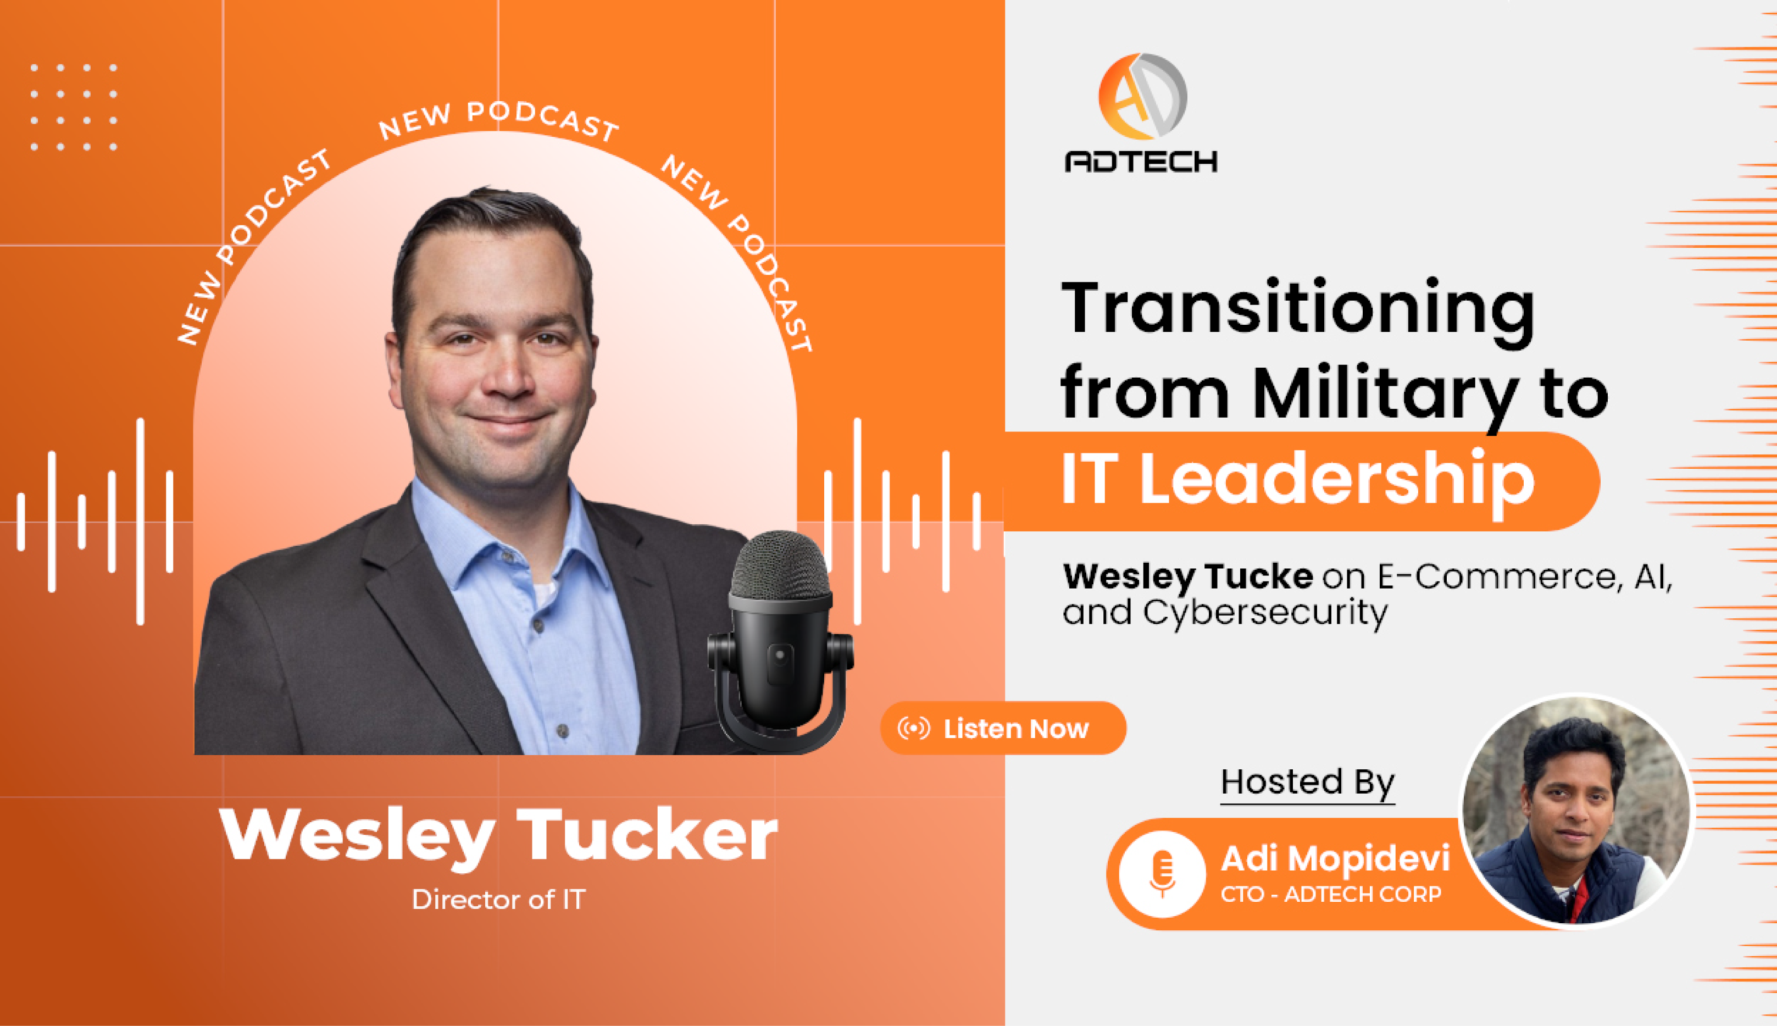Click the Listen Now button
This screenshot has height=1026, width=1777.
click(1003, 728)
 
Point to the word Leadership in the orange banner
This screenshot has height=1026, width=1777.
click(1337, 479)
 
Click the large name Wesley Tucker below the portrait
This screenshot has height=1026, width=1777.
click(498, 836)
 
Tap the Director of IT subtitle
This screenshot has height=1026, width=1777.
click(498, 900)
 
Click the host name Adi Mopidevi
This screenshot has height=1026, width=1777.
click(1335, 859)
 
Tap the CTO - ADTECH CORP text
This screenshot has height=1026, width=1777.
click(1331, 894)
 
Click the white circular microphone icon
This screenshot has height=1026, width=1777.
click(1162, 874)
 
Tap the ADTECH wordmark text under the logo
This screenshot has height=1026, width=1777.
click(1141, 162)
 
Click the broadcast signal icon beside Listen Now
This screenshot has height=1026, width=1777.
click(914, 728)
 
